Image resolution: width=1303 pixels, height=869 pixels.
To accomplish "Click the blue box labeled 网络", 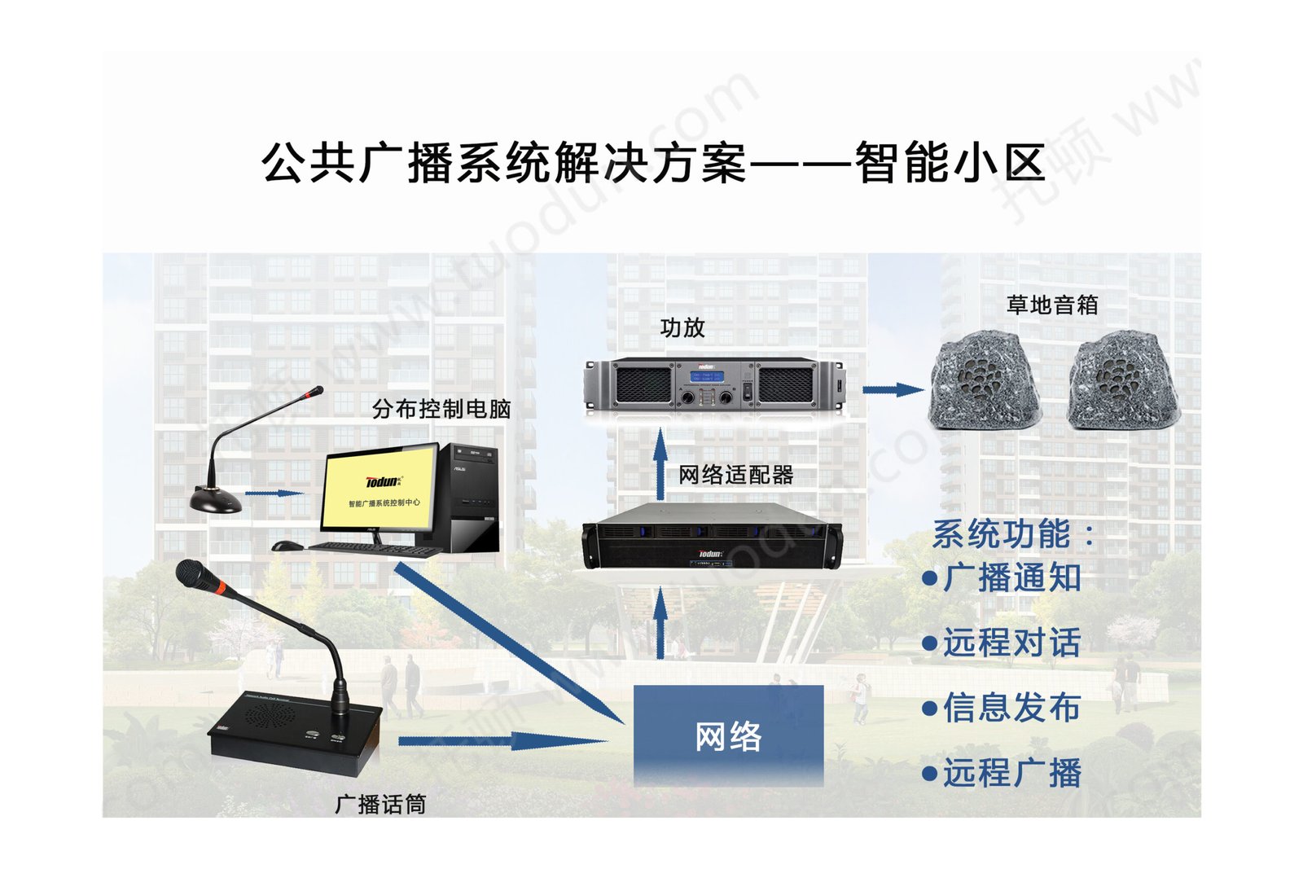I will click(x=728, y=735).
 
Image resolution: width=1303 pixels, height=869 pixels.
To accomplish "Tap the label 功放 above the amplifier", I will click(x=682, y=327).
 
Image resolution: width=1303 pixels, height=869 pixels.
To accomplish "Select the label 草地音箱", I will click(x=1051, y=305).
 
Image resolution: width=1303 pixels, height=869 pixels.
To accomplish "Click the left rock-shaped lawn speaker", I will click(x=985, y=380).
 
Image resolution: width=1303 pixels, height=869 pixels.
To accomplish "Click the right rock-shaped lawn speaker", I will click(x=1123, y=380).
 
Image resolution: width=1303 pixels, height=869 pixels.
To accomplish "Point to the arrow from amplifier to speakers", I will click(x=893, y=390).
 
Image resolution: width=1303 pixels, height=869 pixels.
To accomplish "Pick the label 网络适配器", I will click(x=735, y=475).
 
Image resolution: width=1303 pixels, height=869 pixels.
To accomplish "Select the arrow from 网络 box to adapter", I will click(x=660, y=623).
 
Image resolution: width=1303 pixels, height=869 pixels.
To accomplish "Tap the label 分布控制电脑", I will click(x=441, y=409).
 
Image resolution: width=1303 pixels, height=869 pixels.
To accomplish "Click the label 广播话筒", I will click(x=380, y=805).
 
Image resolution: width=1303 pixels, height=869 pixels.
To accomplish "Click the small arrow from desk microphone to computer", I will click(x=274, y=493).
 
